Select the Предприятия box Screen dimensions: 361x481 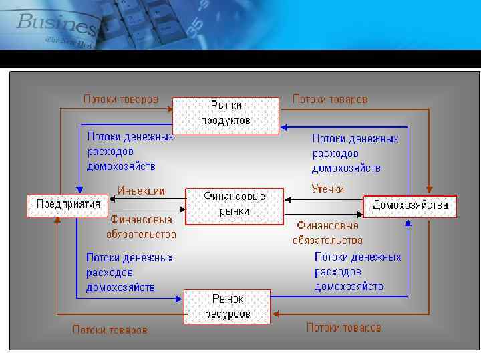[x=67, y=205]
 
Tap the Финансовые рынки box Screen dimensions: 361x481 [x=234, y=205]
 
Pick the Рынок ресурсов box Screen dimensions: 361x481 [x=227, y=307]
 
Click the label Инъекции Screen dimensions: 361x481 [x=141, y=190]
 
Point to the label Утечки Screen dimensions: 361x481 [x=328, y=189]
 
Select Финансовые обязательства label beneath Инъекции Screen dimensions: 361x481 [x=141, y=227]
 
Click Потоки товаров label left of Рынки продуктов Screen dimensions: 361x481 [x=120, y=99]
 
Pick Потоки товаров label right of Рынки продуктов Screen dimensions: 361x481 [x=330, y=99]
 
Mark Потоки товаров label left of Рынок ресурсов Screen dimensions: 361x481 [x=110, y=330]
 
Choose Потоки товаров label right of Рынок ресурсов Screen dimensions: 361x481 [x=343, y=328]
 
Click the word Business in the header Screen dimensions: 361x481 [x=57, y=23]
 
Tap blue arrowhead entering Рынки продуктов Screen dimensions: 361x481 [x=283, y=126]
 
